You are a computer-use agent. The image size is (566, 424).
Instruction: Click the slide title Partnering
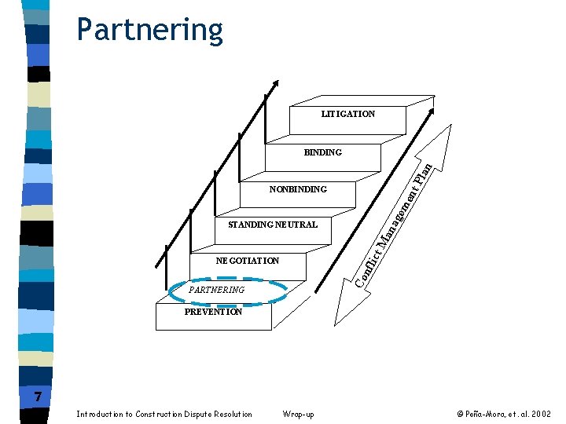(x=149, y=30)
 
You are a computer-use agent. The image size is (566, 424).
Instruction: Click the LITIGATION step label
(x=347, y=114)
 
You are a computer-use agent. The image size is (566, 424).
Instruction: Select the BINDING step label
(x=322, y=152)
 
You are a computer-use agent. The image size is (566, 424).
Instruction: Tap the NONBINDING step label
(x=297, y=189)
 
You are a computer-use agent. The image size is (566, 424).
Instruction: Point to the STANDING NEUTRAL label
(x=272, y=225)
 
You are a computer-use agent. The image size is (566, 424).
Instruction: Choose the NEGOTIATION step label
(x=247, y=261)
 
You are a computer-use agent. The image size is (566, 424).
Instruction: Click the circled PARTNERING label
(x=218, y=291)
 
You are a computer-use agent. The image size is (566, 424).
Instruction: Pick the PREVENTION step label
(x=213, y=312)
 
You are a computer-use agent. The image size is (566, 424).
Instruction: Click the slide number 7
(x=38, y=397)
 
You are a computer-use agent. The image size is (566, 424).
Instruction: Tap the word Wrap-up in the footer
(x=297, y=414)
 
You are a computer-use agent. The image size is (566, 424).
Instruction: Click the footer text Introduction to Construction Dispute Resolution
(x=164, y=414)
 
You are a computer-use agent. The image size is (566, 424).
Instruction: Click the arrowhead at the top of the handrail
(x=275, y=82)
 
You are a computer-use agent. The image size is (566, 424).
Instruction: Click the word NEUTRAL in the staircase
(x=295, y=225)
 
